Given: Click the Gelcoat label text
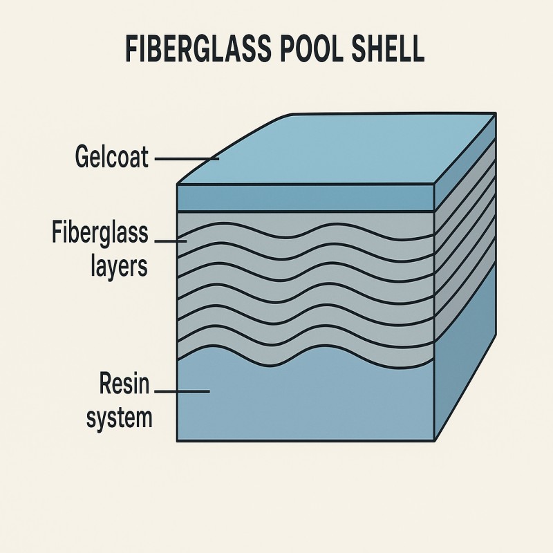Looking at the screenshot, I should click(111, 158).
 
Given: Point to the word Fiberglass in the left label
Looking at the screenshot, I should click(100, 233).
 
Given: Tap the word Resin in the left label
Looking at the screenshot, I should click(124, 384).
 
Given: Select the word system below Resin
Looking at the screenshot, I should click(119, 417).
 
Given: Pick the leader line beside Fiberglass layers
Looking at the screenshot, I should click(171, 241).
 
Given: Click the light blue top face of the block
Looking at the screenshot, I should click(346, 149).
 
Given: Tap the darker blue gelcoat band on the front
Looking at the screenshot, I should click(304, 198).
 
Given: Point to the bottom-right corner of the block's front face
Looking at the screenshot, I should click(434, 440).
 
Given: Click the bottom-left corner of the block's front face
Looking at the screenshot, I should click(178, 440).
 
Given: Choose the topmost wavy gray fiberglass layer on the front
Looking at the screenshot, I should click(304, 225).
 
